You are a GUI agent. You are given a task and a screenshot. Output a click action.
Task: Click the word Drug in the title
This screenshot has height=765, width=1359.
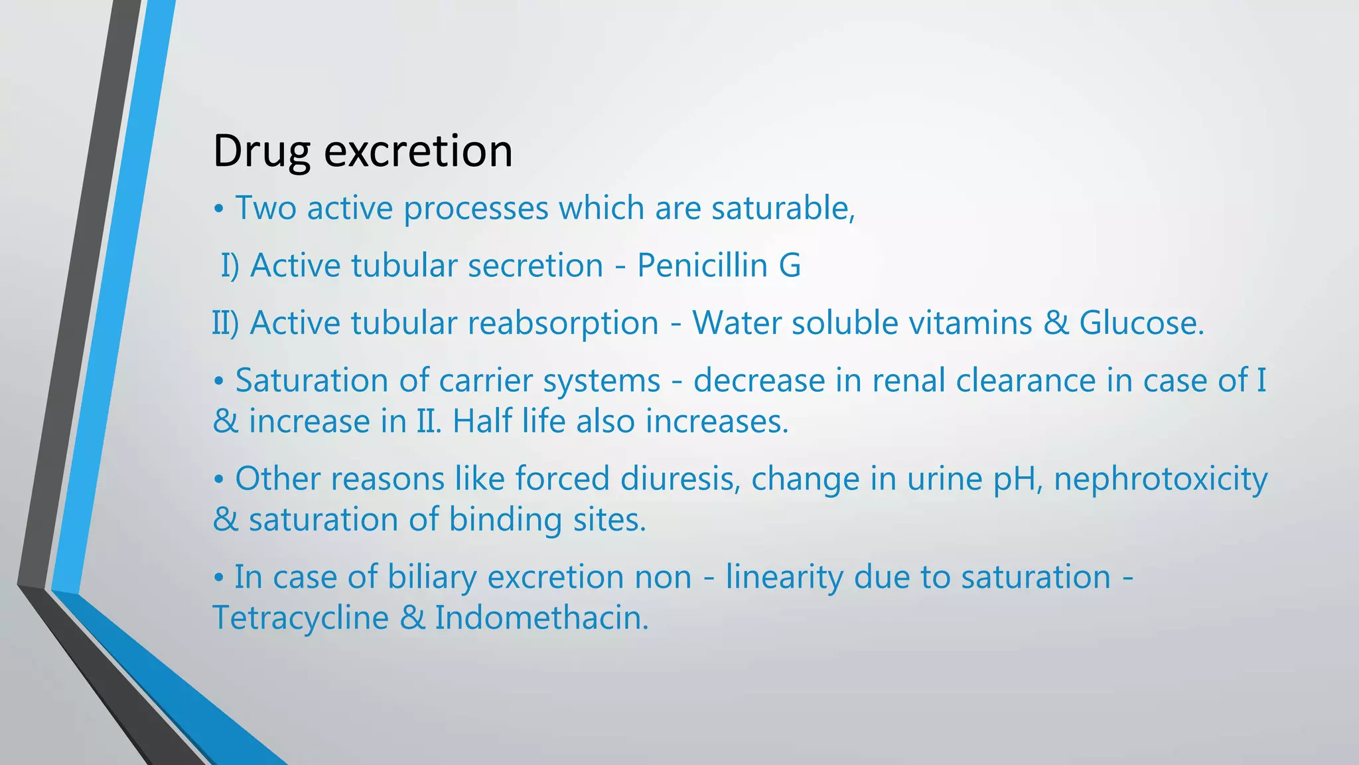click(x=261, y=151)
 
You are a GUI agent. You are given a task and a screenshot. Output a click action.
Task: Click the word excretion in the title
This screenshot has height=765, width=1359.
click(x=418, y=151)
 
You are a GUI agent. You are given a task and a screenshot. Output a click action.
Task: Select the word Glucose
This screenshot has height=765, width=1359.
click(x=1141, y=323)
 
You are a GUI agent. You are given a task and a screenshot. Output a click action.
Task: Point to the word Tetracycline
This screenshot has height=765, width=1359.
click(x=300, y=618)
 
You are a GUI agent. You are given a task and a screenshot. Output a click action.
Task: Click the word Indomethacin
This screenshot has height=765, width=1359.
click(x=541, y=618)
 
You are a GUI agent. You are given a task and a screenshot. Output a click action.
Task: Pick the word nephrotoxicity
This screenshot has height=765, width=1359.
click(x=1161, y=479)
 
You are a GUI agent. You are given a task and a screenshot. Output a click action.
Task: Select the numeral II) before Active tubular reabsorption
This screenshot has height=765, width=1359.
click(x=225, y=323)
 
